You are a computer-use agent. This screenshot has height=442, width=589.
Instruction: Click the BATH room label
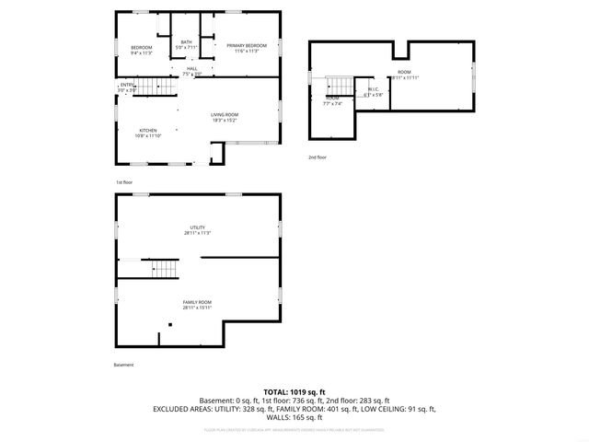tap(187, 42)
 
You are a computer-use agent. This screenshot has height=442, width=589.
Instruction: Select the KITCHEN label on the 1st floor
tap(148, 130)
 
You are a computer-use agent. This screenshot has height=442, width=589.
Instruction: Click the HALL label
tap(191, 68)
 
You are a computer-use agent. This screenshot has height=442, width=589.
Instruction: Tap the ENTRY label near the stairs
tap(126, 85)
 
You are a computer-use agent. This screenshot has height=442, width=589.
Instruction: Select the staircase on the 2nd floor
tap(337, 84)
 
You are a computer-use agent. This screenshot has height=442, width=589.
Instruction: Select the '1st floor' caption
tap(123, 182)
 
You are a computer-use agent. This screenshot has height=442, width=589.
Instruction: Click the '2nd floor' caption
tap(318, 157)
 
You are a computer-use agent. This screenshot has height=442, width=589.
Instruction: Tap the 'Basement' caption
tap(124, 365)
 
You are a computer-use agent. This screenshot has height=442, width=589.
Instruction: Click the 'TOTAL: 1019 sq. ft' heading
tap(294, 392)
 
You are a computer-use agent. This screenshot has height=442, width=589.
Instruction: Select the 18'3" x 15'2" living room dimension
tap(225, 120)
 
